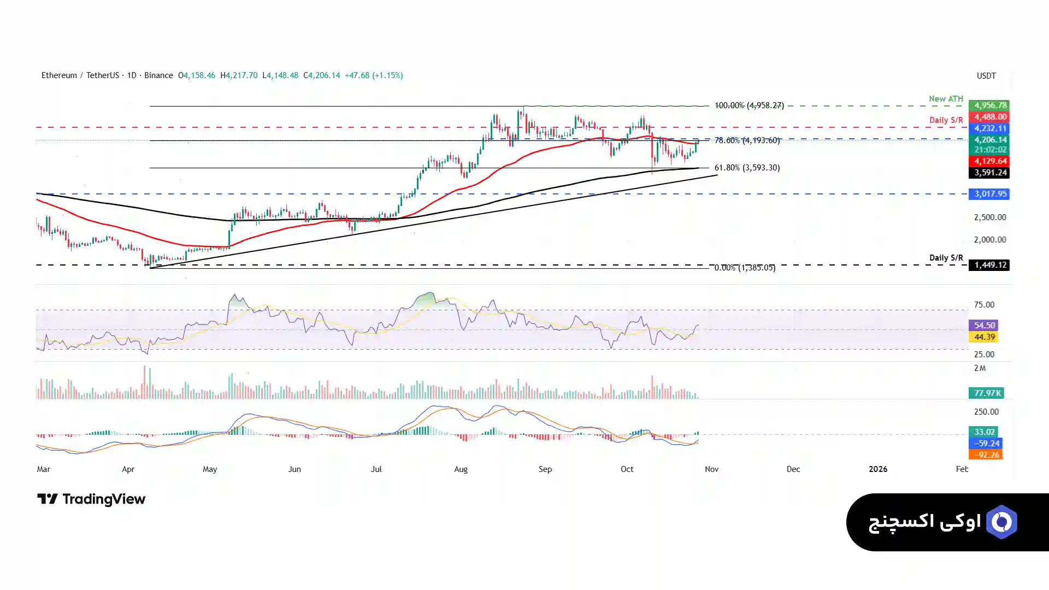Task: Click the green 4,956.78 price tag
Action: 989,105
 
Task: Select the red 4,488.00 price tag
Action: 989,117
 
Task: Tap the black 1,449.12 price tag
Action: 989,265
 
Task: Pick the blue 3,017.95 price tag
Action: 989,194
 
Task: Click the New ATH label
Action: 946,99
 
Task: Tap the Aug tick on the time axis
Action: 461,469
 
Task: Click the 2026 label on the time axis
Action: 878,469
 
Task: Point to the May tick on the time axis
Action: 210,469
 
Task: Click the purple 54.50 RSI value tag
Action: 983,326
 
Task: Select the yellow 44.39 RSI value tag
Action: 983,337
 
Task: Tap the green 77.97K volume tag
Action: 986,393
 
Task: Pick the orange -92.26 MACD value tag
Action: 986,455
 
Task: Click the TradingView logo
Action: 91,499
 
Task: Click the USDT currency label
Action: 986,76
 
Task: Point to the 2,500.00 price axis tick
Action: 989,217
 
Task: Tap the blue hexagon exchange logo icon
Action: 1001,522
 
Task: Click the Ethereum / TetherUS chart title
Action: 80,75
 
